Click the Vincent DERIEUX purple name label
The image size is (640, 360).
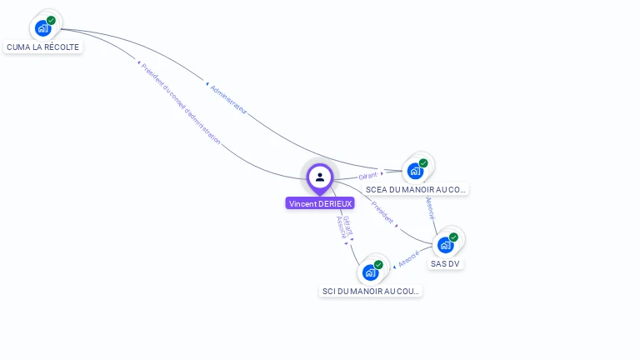coord(320,203)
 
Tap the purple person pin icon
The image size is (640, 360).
coord(320,177)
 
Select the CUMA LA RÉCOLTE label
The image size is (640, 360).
coord(42,47)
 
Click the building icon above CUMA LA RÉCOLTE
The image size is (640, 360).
coord(42,28)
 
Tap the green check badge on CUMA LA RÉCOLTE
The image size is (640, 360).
coord(51,21)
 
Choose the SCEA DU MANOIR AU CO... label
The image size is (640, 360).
coord(415,190)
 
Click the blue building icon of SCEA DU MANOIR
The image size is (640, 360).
coord(415,172)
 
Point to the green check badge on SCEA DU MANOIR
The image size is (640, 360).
coord(423,163)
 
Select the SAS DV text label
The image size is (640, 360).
coord(445,264)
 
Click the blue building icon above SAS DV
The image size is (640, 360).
coord(445,245)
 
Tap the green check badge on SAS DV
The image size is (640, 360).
coord(453,237)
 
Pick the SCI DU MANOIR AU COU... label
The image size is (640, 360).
coord(370,292)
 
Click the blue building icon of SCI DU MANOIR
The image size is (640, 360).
coord(370,272)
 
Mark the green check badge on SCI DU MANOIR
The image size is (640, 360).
coord(378,264)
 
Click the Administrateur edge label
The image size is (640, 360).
coord(227,98)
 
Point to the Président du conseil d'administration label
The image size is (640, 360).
coord(181,104)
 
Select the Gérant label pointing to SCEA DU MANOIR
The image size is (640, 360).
coord(367,176)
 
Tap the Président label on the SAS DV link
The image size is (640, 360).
coord(382,212)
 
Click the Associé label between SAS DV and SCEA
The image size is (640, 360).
coord(430,207)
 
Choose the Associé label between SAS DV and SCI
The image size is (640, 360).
coord(407,258)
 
